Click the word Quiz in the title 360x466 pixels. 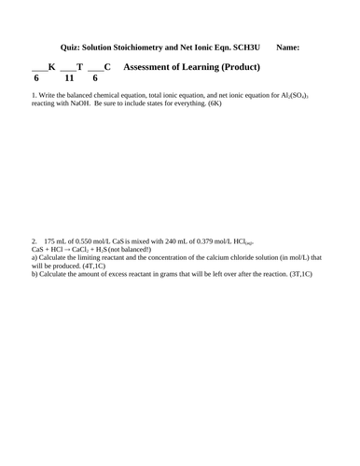pyautogui.click(x=71, y=45)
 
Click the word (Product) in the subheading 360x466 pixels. pyautogui.click(x=236, y=67)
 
